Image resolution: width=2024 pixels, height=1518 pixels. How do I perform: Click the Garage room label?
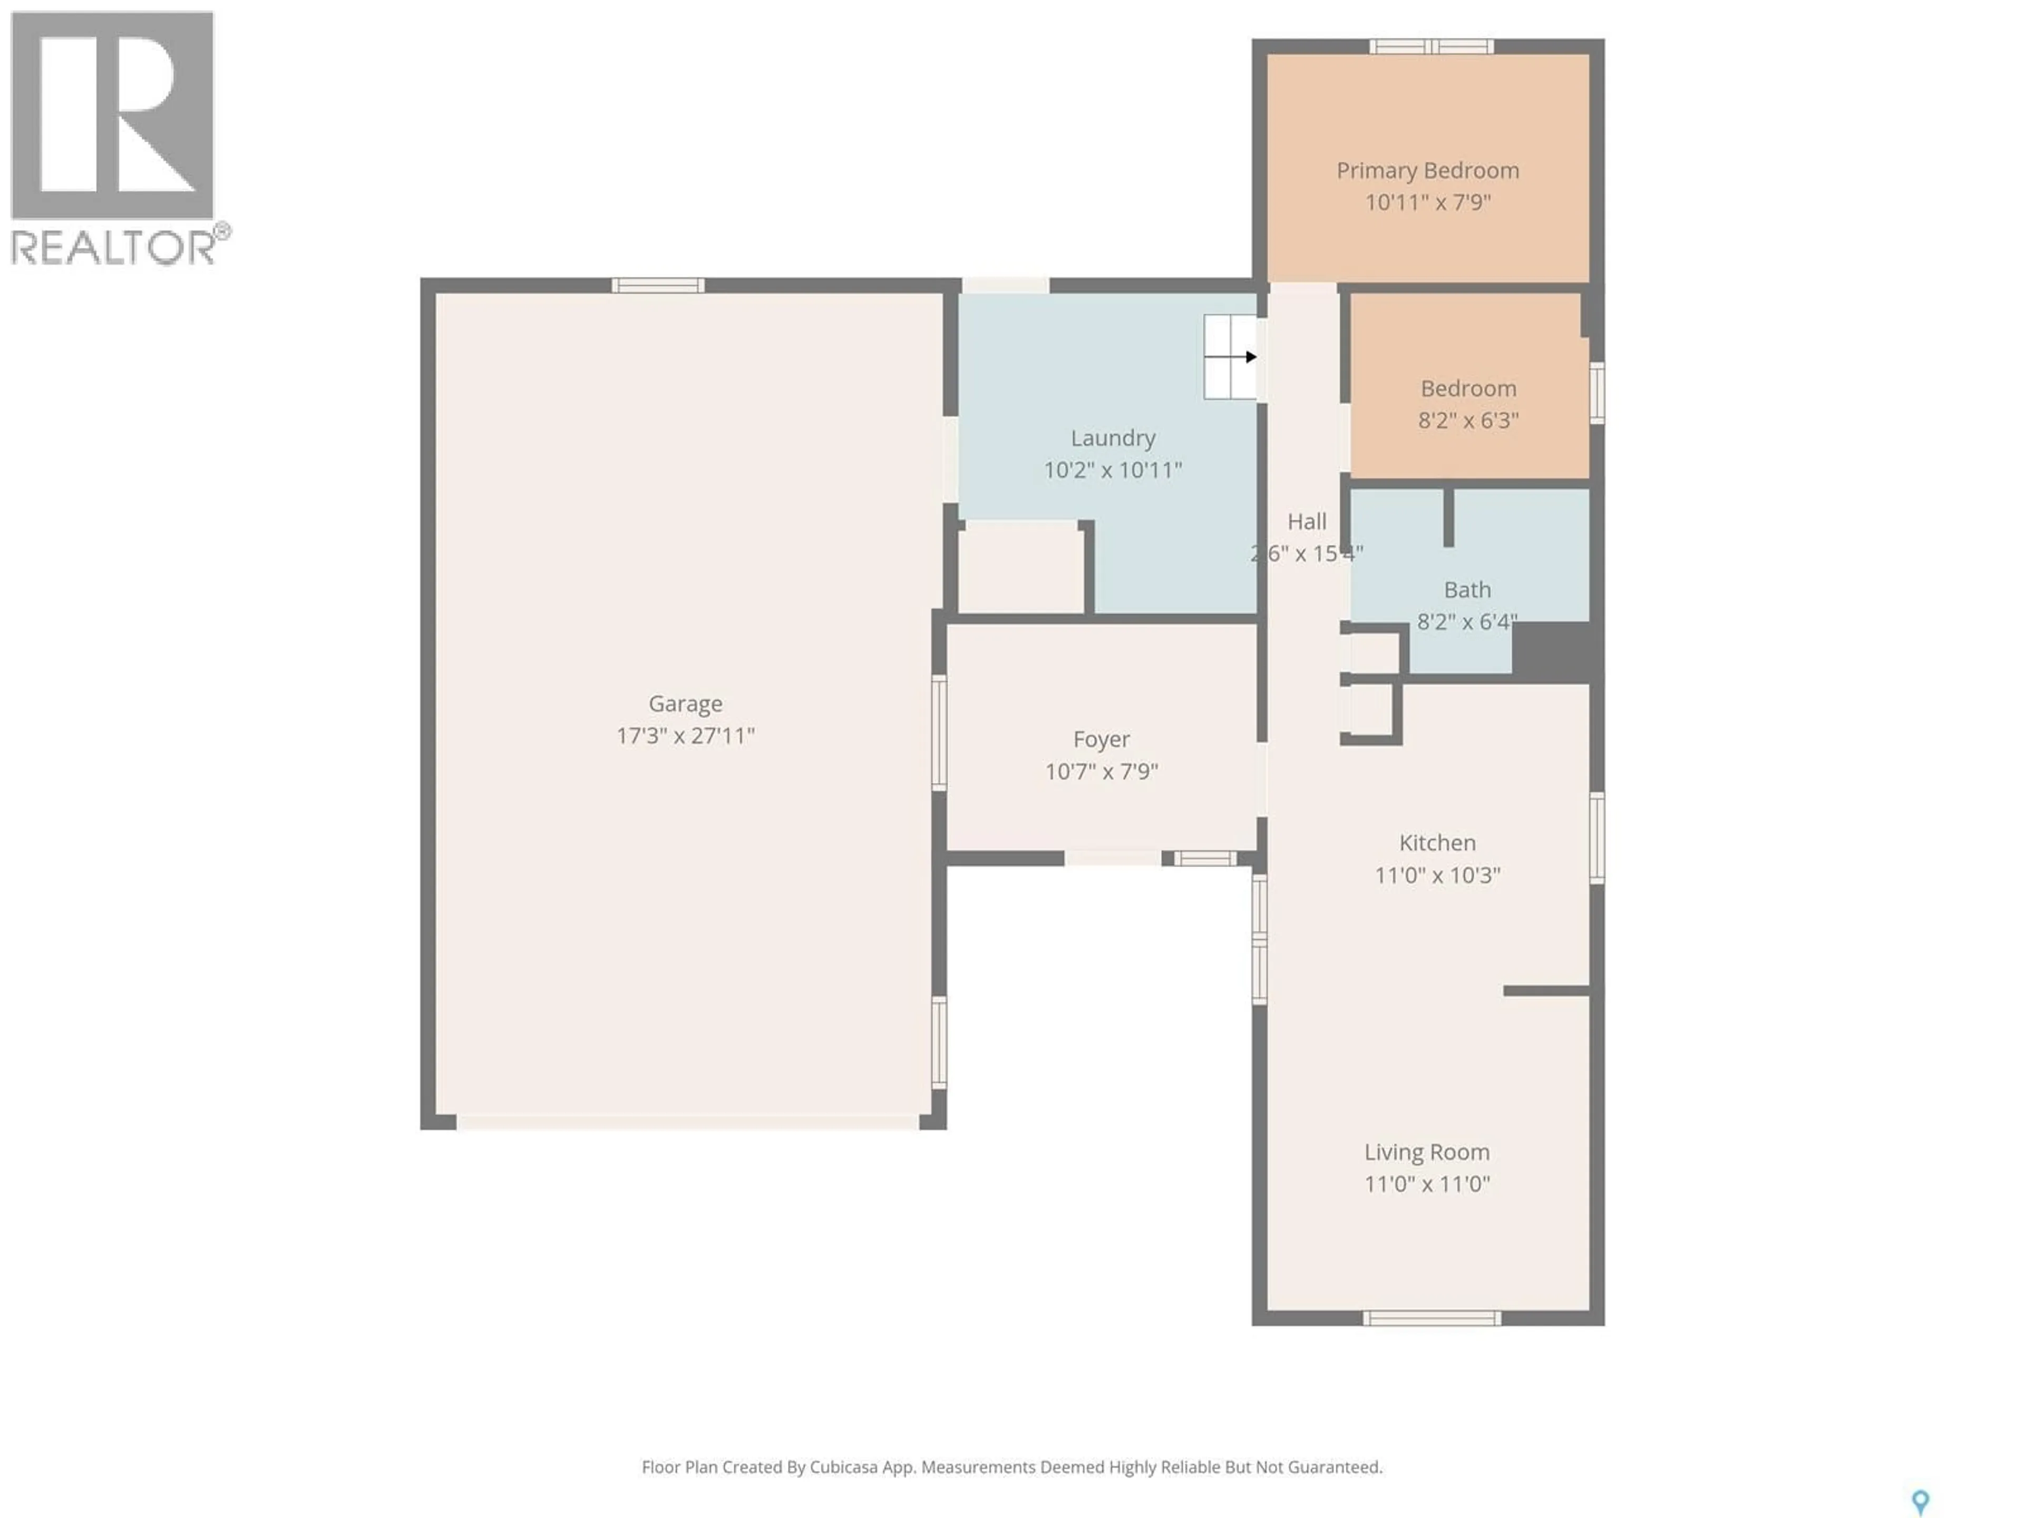[x=685, y=704]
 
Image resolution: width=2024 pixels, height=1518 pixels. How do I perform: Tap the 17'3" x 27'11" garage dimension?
[x=685, y=736]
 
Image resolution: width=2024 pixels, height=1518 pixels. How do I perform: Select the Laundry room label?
[x=1113, y=439]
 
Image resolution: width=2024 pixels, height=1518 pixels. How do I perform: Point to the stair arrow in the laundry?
[x=1250, y=357]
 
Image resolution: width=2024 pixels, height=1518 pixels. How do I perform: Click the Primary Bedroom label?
[x=1427, y=171]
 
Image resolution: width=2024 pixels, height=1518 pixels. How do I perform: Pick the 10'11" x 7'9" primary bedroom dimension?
[x=1427, y=202]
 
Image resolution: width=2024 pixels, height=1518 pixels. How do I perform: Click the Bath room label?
[x=1467, y=590]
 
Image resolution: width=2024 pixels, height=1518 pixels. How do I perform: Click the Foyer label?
[x=1101, y=739]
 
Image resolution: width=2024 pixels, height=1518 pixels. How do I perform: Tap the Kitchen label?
[x=1436, y=843]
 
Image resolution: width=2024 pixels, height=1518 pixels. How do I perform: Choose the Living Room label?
[x=1426, y=1152]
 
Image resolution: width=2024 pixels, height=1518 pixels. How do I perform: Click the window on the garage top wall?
[x=658, y=286]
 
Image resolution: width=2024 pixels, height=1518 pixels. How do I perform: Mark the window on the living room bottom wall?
[x=1431, y=1318]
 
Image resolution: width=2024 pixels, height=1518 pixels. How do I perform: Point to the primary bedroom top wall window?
[x=1431, y=47]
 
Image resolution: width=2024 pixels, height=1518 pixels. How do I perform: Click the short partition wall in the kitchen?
[x=1546, y=991]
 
